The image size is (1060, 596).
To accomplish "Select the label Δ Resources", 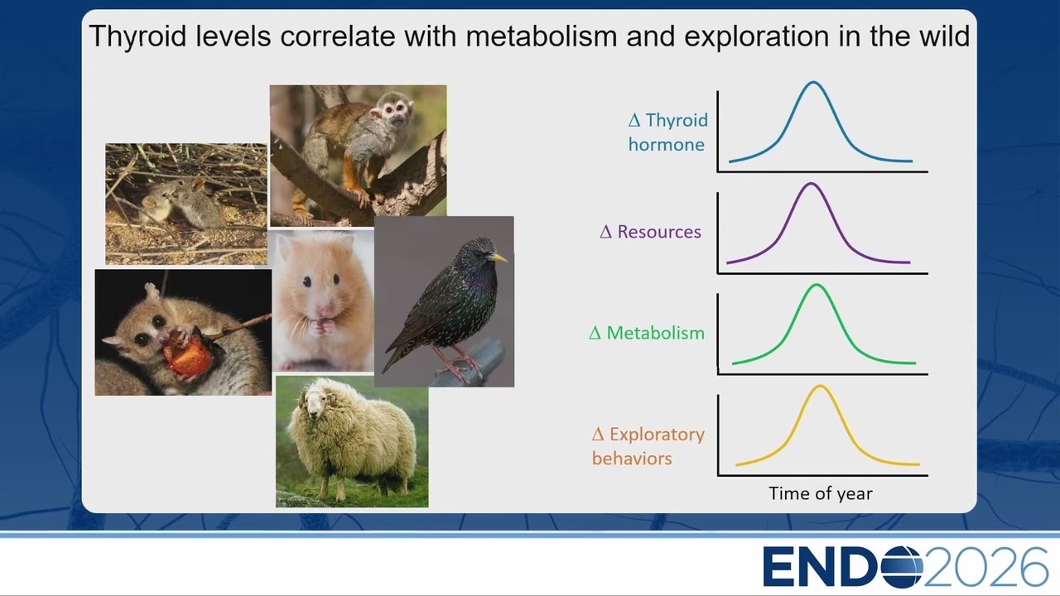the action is [650, 232].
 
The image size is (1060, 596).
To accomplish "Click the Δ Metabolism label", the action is [647, 333].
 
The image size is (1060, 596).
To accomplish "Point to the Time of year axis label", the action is [821, 493].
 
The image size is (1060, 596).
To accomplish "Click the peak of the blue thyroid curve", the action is [813, 82].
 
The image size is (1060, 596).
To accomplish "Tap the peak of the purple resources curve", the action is [811, 184].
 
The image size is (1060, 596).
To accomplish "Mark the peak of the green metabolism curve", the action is [817, 285].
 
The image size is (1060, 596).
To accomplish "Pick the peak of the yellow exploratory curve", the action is [820, 386].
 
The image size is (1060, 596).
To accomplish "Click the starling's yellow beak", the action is [499, 257].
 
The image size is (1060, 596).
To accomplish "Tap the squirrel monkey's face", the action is [396, 112].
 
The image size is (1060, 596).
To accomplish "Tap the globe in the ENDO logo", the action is [902, 566].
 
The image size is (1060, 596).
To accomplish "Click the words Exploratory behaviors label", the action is [648, 446].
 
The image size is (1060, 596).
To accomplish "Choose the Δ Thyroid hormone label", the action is [667, 132].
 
